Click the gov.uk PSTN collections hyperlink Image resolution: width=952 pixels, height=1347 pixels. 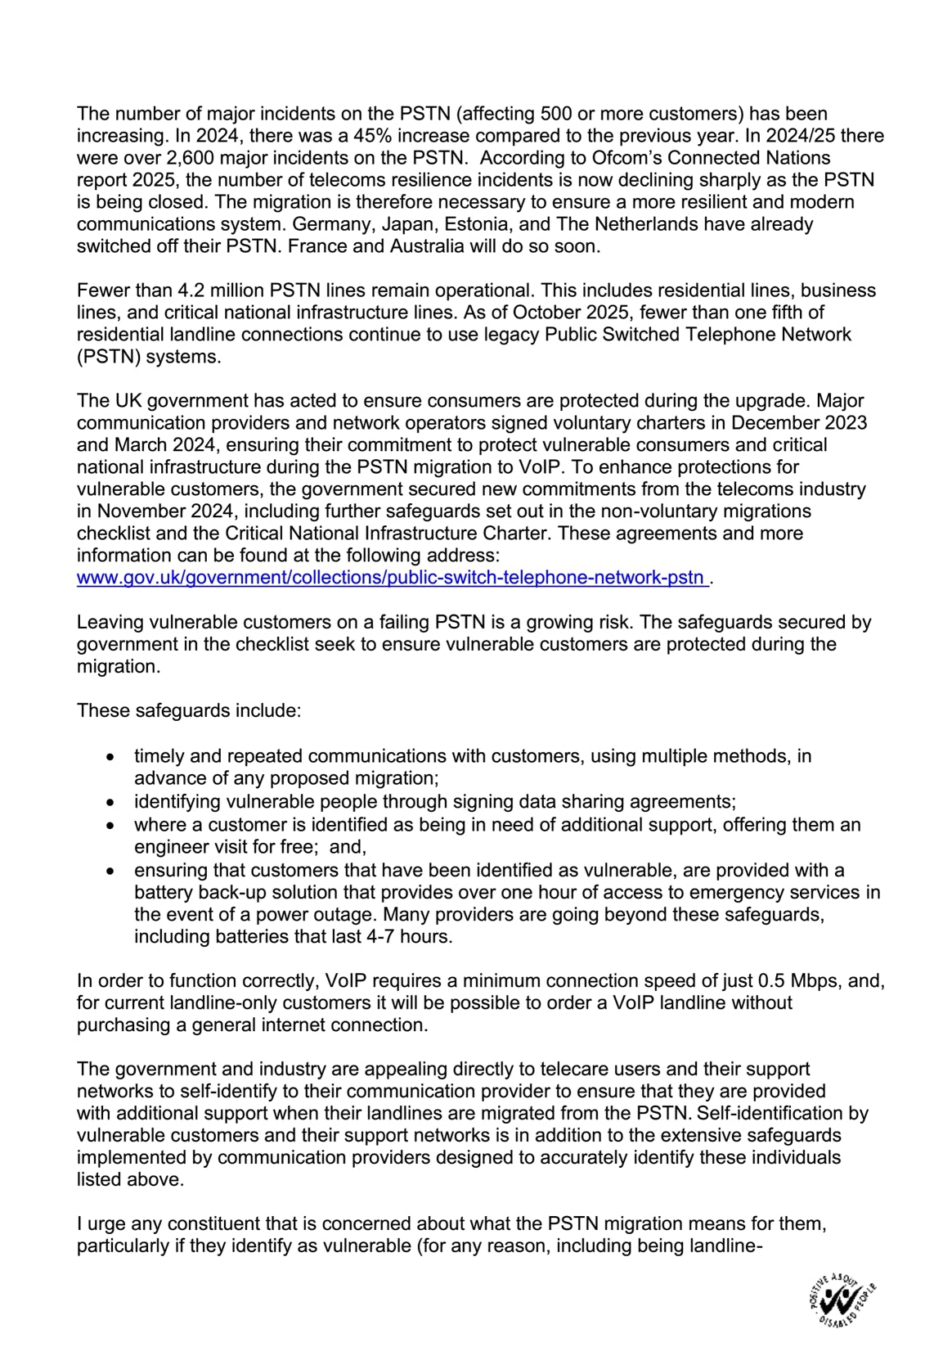[x=391, y=578]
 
